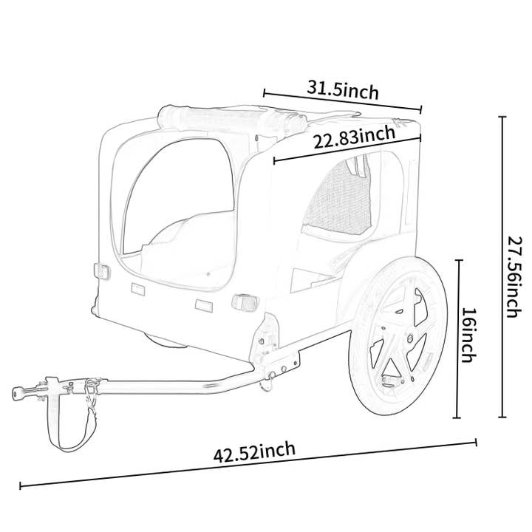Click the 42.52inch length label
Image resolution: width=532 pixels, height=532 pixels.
tap(255, 451)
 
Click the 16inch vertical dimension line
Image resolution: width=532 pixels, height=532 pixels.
tap(459, 339)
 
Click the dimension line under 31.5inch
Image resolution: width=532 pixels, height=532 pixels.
tap(342, 101)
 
